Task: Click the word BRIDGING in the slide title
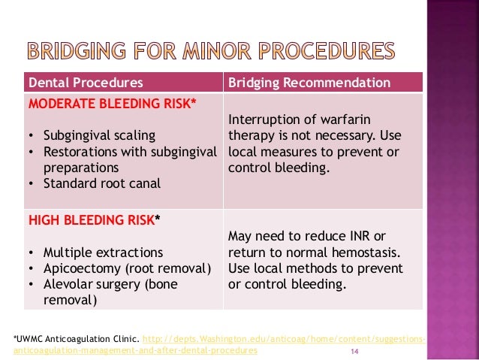pos(74,50)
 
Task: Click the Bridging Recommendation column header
pos(309,82)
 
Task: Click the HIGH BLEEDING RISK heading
pos(94,219)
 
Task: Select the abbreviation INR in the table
pos(362,237)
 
